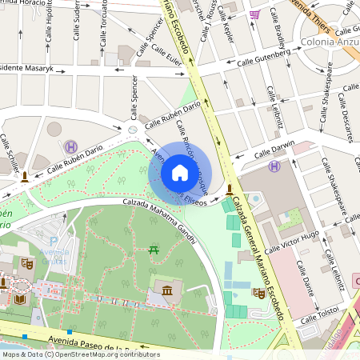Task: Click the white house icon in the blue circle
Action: tap(180, 173)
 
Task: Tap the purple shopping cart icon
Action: tap(254, 14)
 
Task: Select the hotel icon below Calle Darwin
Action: tap(274, 166)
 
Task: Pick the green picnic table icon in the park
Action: tap(154, 251)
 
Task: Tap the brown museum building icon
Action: tap(166, 290)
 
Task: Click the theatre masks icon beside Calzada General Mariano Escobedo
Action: tap(259, 294)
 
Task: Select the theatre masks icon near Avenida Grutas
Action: tap(26, 261)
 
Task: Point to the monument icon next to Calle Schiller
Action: tap(26, 176)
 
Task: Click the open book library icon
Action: tap(19, 299)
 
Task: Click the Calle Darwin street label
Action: tap(274, 149)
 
